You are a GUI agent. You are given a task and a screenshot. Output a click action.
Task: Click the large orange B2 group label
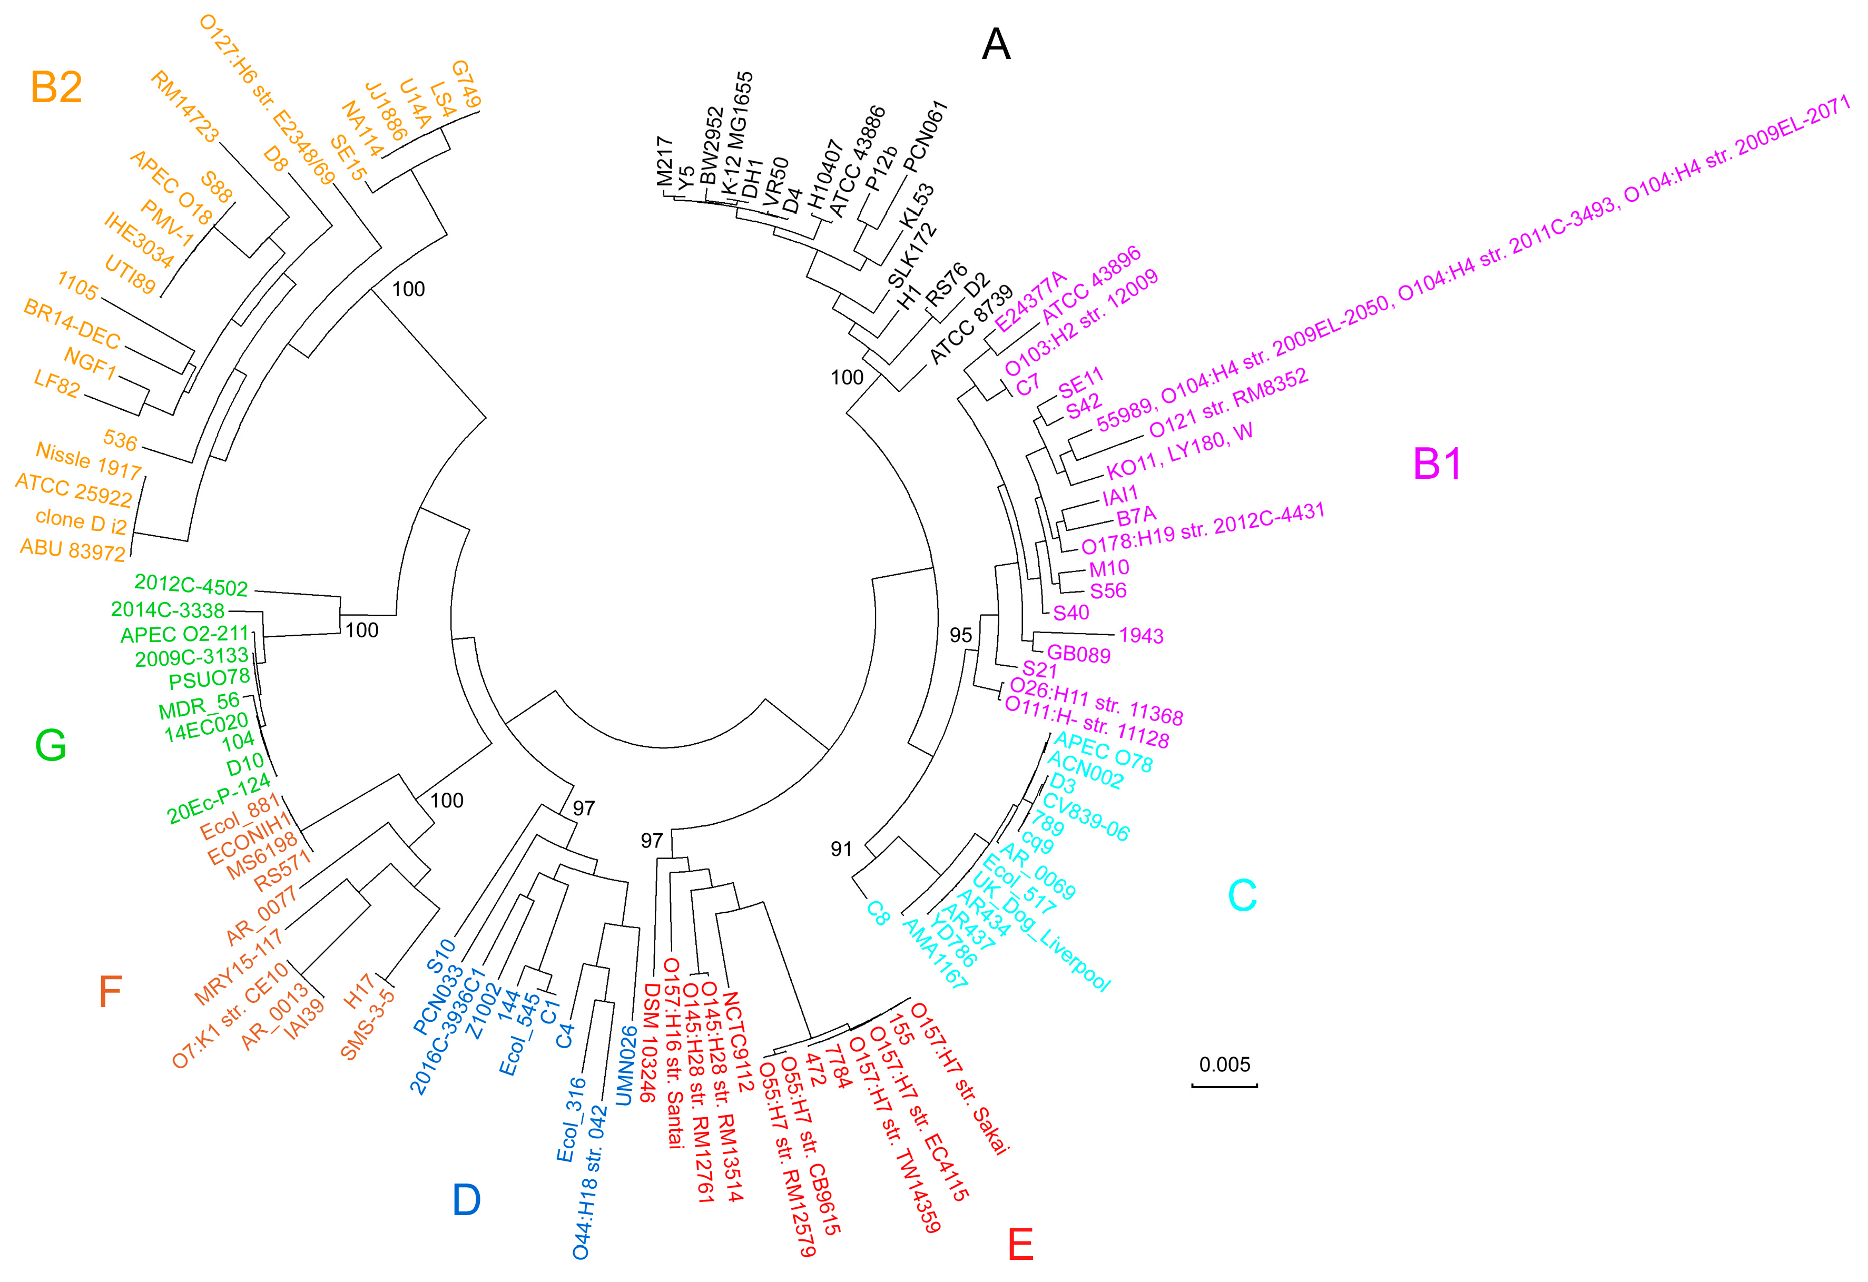pos(56,87)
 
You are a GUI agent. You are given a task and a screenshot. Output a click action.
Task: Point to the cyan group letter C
pos(1242,895)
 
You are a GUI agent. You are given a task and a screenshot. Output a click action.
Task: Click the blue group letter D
pos(466,1200)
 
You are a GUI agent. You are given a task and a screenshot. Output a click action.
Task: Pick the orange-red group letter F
pos(110,992)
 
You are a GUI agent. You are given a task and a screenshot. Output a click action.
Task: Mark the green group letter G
pos(51,745)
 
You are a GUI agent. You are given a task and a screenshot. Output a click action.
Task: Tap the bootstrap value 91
pos(841,849)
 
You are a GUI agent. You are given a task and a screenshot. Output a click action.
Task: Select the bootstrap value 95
pos(960,635)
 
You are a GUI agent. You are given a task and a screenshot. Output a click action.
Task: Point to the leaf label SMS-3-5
pos(367,1024)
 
